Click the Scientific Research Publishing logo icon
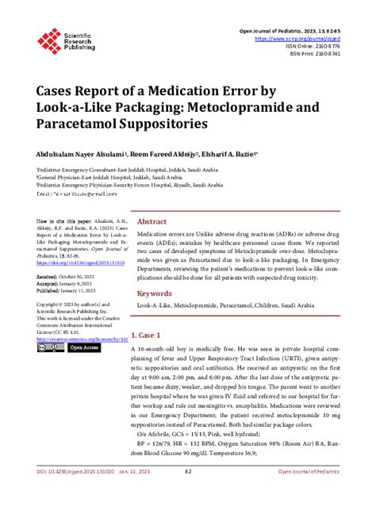[48, 39]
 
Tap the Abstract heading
[152, 222]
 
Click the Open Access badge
[82, 347]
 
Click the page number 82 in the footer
[187, 493]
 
